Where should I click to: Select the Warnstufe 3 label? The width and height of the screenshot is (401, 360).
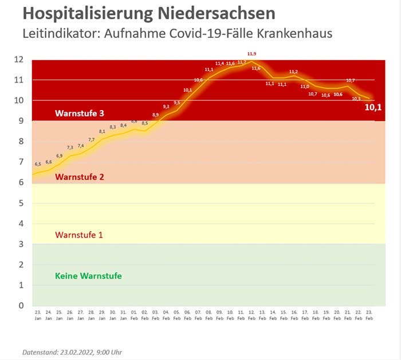[x=80, y=113]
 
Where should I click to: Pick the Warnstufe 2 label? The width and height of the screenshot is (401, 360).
[x=80, y=177]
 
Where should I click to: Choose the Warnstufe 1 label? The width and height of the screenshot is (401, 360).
[x=80, y=234]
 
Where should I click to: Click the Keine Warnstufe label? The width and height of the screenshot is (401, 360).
[x=88, y=276]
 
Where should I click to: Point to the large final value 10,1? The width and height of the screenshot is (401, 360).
[x=373, y=106]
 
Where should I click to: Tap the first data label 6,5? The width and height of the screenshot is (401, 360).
[x=38, y=165]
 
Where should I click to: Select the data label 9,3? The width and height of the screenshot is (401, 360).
[x=166, y=107]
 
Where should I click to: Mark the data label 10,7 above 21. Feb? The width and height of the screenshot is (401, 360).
[x=351, y=80]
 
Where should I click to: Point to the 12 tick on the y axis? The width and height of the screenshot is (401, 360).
[x=19, y=60]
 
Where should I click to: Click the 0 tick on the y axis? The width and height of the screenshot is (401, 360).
[x=21, y=306]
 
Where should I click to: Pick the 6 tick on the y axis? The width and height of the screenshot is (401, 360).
[x=21, y=182]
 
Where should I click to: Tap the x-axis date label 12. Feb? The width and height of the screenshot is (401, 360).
[x=251, y=315]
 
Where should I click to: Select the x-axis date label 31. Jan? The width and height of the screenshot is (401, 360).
[x=123, y=315]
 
